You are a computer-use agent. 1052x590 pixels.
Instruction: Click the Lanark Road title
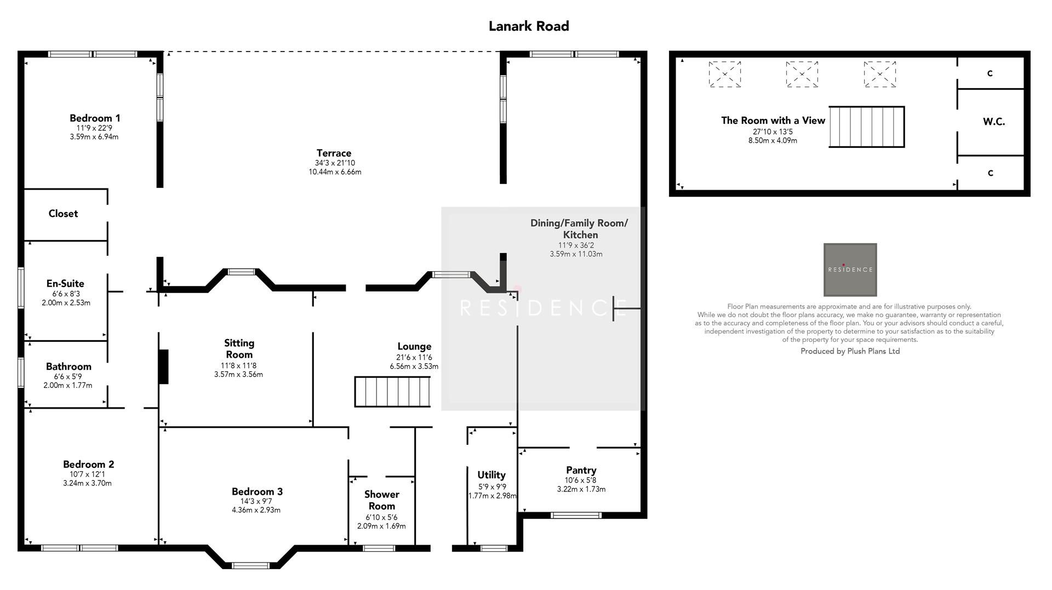coord(528,26)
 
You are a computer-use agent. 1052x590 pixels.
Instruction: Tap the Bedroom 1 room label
coord(95,118)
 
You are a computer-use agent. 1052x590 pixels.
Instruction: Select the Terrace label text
coord(334,153)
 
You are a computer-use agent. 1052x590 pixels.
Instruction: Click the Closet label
coord(63,214)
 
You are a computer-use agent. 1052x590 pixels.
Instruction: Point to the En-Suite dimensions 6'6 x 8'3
coord(65,294)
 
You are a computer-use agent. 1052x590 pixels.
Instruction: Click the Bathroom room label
coord(68,366)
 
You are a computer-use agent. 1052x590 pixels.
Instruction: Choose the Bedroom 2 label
coord(88,464)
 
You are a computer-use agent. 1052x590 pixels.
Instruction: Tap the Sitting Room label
coord(239,348)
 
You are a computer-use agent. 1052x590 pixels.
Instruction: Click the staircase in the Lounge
coord(392,392)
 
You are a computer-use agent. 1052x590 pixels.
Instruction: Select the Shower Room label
coord(381,500)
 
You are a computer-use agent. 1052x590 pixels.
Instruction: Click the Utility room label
coord(491,475)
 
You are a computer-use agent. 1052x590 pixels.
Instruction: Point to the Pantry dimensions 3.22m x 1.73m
coord(581,489)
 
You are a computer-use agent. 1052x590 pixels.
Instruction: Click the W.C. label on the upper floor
coord(993,122)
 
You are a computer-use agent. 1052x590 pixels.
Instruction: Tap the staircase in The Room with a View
coord(866,127)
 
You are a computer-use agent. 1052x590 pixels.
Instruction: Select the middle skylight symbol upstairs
coord(802,74)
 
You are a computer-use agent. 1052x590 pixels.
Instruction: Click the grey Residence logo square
coord(850,270)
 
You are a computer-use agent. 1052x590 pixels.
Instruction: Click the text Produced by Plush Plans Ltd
coord(850,351)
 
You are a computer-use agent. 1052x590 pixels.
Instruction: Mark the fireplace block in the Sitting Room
coord(163,366)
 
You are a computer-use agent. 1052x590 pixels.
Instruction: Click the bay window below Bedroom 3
coord(250,565)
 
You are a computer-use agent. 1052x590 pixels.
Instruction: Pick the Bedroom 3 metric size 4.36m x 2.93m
coord(256,510)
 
